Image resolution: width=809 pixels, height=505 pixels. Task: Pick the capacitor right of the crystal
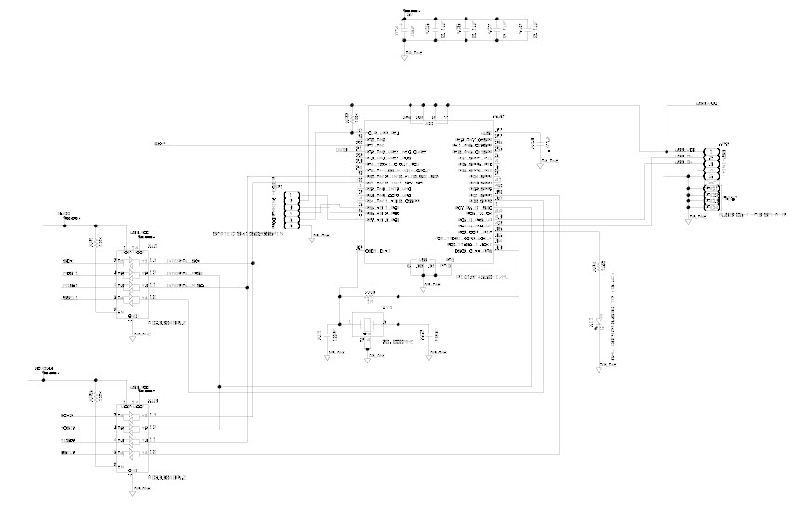tap(425, 333)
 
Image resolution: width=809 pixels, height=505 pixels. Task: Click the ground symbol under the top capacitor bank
tap(406, 54)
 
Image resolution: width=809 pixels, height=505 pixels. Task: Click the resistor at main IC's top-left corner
tap(348, 116)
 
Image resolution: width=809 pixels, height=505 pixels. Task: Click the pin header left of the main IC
tap(292, 211)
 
